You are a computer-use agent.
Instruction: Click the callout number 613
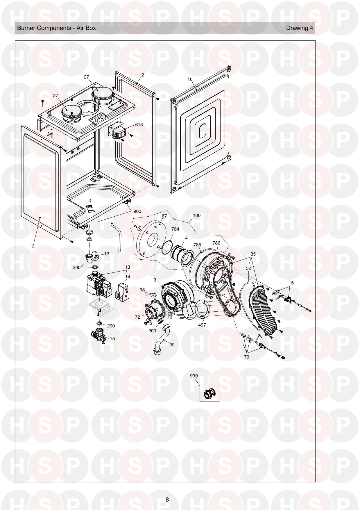coord(139,125)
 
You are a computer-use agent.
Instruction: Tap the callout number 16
coord(190,79)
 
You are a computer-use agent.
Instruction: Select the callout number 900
coord(137,211)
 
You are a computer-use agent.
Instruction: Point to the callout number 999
coord(194,376)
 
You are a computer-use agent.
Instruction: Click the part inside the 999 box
coord(210,394)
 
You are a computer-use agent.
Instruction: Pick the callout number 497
coord(202,325)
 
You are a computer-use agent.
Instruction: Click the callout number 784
coord(175,229)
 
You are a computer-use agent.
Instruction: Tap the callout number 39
coord(172,345)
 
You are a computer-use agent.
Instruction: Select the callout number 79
coord(246,357)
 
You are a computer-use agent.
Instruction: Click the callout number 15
coord(112,338)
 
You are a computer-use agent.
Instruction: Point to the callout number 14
coord(128,277)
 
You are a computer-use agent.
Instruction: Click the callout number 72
coord(137,317)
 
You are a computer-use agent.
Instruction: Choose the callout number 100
coord(197,215)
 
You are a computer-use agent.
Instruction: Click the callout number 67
coord(164,216)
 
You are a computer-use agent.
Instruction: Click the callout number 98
coord(142,290)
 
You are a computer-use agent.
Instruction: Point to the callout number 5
coord(292,283)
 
